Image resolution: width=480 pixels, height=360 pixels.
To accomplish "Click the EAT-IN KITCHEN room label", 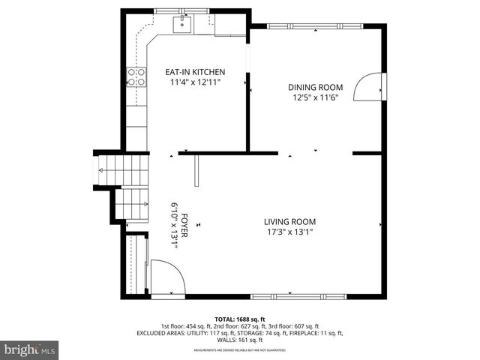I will pos(195,72).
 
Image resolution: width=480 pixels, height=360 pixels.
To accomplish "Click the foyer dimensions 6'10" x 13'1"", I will pos(174,225).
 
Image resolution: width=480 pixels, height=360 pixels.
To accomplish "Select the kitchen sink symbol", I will pos(182,25).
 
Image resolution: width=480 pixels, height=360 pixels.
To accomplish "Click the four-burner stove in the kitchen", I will pos(136,76).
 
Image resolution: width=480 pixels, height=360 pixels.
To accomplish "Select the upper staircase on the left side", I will pos(123,169).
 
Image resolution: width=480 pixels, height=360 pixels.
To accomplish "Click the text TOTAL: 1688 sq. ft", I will pos(240,319).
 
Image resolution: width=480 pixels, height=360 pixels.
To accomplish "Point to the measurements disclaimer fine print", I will pos(240,349).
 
